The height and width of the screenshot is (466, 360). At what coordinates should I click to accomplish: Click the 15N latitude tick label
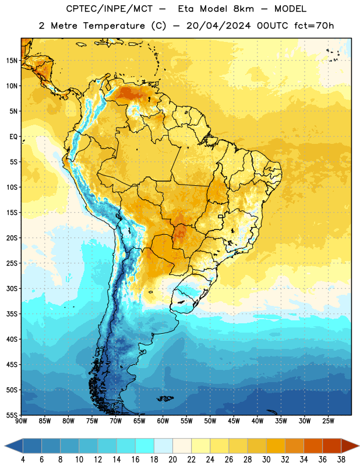[x=12, y=61]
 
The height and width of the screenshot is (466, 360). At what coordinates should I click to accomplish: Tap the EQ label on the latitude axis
[x=13, y=137]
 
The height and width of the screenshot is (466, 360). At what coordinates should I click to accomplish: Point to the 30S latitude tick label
[x=12, y=288]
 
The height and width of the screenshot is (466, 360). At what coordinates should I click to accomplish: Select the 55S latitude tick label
[x=12, y=415]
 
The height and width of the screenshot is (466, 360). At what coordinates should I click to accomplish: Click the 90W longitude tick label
[x=21, y=421]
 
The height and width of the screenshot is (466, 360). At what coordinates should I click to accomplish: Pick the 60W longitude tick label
[x=163, y=421]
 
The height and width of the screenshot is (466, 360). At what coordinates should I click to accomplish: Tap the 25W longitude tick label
[x=328, y=421]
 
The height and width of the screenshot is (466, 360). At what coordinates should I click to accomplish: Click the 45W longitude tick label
[x=234, y=421]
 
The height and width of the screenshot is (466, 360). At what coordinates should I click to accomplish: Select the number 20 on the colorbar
[x=172, y=460]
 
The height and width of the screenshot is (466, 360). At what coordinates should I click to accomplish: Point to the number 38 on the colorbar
[x=341, y=460]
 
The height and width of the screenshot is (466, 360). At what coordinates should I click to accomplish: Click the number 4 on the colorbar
[x=23, y=460]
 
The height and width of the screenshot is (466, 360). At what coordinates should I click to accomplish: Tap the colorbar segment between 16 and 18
[x=145, y=446]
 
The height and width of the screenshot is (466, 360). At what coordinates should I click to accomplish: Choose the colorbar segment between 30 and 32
[x=276, y=446]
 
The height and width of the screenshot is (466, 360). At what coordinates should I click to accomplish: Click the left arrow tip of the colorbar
[x=5, y=446]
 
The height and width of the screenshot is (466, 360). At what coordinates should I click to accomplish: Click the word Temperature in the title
[x=114, y=26]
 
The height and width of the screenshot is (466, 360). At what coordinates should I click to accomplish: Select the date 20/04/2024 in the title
[x=218, y=26]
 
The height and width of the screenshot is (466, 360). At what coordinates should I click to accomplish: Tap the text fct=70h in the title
[x=314, y=26]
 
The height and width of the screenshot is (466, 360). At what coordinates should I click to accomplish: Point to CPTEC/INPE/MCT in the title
[x=109, y=9]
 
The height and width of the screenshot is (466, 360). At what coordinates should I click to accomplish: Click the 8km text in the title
[x=243, y=9]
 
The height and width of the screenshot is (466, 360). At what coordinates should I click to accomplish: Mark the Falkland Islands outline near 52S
[x=165, y=398]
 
